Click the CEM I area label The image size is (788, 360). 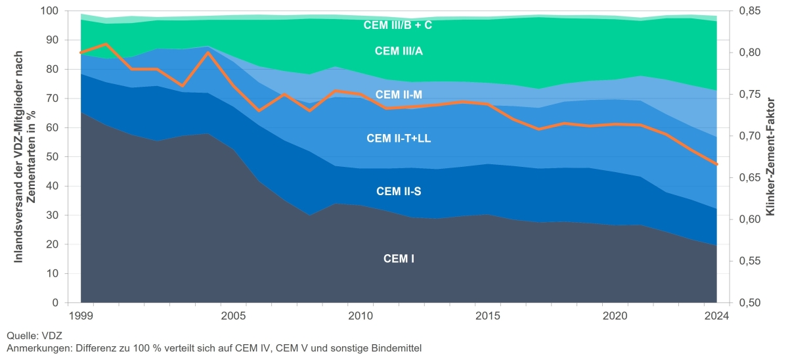(399, 259)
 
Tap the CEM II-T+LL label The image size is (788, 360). (399, 138)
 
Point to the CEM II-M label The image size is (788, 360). (399, 95)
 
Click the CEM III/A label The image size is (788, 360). (399, 51)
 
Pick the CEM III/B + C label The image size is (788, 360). (398, 26)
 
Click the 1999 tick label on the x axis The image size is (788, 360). (81, 315)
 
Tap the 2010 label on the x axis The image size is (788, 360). (361, 315)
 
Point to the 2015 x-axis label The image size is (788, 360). (488, 315)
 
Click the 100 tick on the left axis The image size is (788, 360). (50, 11)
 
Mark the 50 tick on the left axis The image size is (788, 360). (53, 157)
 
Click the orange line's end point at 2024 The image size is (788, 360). (717, 164)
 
